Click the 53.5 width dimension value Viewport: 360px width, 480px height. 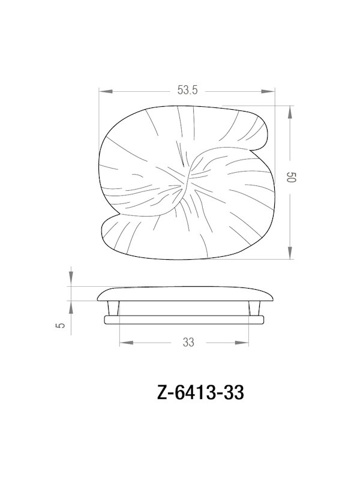pos(187,91)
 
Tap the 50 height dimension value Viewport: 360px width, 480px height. pos(291,179)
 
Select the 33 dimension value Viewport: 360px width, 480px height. pos(187,343)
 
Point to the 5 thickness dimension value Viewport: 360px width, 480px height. pos(59,326)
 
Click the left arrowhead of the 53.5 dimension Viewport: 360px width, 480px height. pos(103,91)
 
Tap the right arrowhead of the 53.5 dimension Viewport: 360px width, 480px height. pos(271,91)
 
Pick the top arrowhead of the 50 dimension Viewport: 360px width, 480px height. pos(291,110)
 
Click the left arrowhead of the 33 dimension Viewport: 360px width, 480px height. pos(123,343)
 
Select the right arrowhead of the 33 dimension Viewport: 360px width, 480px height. pos(246,343)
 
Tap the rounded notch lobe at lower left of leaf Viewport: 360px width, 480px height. pos(111,230)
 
